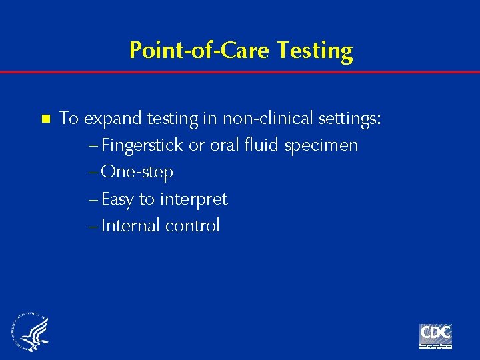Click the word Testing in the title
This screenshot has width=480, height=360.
pos(315,51)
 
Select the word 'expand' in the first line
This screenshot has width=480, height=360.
pos(113,119)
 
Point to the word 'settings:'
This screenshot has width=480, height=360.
pos(350,119)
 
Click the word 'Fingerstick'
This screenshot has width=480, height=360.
pos(143,145)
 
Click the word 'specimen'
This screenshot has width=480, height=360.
pos(321,146)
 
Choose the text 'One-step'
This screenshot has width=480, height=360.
pos(137,172)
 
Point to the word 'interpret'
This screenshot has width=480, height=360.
pos(193,199)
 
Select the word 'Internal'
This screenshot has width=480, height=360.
pos(131,225)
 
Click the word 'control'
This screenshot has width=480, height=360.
pos(193,225)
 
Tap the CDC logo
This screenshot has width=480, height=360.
pos(435,335)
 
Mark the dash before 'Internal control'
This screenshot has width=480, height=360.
pos(93,226)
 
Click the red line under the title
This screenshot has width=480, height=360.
pos(240,72)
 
